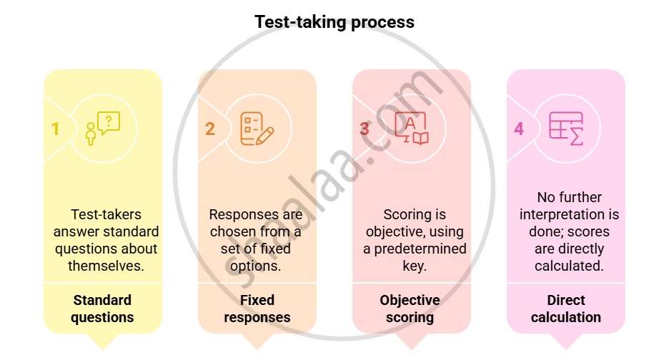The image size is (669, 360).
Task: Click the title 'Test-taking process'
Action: point(334,22)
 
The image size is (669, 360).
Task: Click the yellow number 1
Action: point(55,129)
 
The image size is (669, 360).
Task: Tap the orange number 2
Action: point(209,129)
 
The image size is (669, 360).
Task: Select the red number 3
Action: point(364,129)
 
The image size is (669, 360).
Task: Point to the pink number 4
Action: point(519,129)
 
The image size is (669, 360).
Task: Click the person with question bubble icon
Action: point(103,129)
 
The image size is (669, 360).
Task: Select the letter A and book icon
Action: point(412,129)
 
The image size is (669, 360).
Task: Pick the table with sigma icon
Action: point(566,129)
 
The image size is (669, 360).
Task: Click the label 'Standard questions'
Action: point(102,309)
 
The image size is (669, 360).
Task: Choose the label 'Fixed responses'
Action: point(257,309)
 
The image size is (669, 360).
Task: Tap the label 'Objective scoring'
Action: point(410,309)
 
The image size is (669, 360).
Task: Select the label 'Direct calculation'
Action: point(566,309)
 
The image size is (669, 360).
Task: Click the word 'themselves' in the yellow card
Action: point(105,266)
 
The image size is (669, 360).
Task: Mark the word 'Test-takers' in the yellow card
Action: point(106,214)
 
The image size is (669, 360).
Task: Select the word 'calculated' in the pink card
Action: point(568,266)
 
